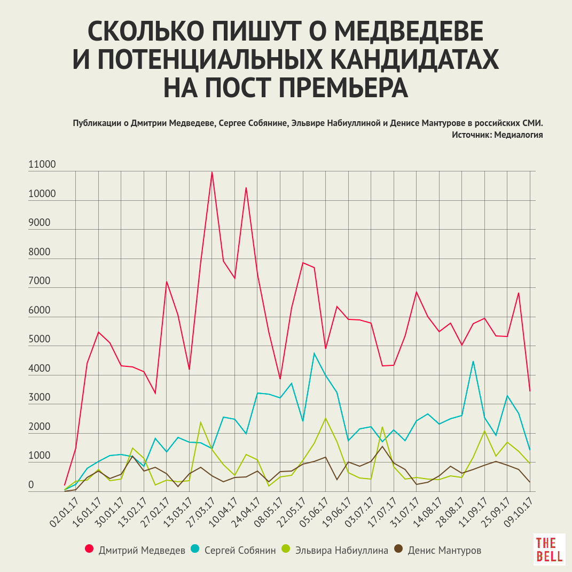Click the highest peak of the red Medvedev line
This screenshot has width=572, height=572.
click(212, 172)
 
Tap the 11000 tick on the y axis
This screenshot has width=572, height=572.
click(42, 165)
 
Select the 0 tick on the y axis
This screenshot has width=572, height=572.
click(31, 485)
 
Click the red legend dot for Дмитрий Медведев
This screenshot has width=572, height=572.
click(89, 550)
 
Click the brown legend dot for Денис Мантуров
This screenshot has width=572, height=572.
click(398, 550)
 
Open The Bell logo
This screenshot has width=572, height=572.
click(549, 549)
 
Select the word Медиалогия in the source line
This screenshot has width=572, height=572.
click(519, 135)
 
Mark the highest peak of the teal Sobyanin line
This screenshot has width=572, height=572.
click(315, 353)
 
